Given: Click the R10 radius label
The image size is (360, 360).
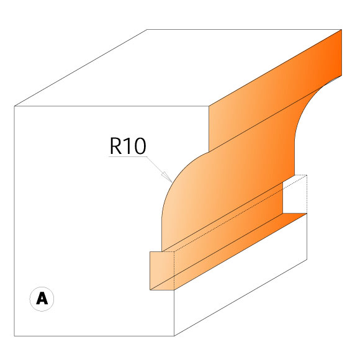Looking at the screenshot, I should coord(127,146).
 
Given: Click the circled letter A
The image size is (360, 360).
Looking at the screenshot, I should coord(42,299).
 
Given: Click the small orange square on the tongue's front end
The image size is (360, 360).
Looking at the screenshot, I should coord(162,271).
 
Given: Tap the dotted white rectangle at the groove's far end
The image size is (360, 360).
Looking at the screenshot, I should coord(295,194).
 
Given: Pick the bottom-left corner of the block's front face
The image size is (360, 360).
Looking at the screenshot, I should coord(15,336).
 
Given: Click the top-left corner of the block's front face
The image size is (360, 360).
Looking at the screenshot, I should coord(15,107).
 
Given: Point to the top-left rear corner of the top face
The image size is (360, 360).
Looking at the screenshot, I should coord(148,29).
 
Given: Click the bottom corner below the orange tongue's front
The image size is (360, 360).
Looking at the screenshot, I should coord(174,336).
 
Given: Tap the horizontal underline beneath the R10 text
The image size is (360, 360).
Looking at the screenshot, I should coord(127,157).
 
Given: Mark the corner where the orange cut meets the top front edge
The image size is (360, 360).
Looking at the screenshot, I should coord(208,107).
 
